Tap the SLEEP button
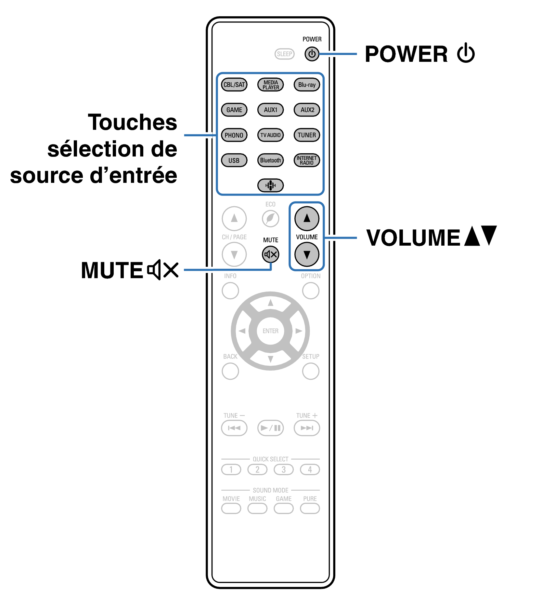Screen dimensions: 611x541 coord(284,54)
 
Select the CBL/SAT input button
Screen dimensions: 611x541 coord(234,85)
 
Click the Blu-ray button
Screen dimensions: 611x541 coord(307,85)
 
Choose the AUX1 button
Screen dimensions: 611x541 coord(270,110)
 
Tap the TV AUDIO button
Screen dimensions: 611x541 coord(270,135)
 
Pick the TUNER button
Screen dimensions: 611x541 coord(307,135)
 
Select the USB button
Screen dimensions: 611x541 coord(234,160)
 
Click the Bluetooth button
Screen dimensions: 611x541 coord(270,160)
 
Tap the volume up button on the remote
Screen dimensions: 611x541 coord(307,218)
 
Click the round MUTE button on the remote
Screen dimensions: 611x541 coord(270,254)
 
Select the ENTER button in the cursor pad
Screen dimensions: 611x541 coord(270,331)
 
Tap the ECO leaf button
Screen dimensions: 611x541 coord(270,218)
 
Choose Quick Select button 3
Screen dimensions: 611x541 coord(284,469)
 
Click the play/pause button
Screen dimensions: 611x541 coord(270,428)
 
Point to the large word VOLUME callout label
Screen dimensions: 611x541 coord(413,238)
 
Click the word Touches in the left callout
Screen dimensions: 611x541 coord(133,122)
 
